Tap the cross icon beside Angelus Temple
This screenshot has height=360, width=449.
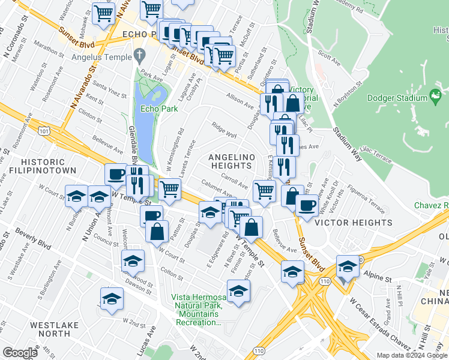pyautogui.click(x=139, y=57)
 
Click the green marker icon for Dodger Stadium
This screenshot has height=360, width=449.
pyautogui.click(x=436, y=94)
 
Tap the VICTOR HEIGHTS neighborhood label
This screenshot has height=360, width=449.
pyautogui.click(x=354, y=223)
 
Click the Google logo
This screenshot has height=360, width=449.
pyautogui.click(x=20, y=353)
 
